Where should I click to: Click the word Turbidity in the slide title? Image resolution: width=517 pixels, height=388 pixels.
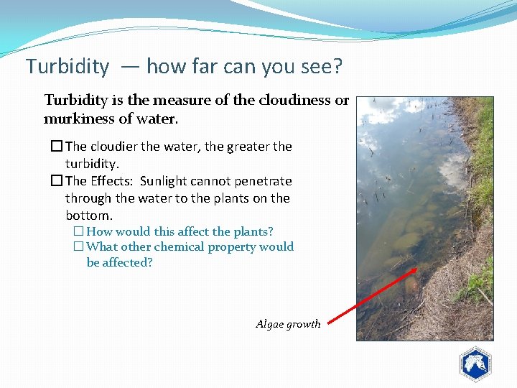coord(67,67)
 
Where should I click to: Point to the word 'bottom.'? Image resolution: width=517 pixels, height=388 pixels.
coord(89,216)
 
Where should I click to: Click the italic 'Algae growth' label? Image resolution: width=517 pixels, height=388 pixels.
coord(288,324)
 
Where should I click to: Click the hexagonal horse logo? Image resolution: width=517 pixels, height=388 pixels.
coord(475,364)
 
